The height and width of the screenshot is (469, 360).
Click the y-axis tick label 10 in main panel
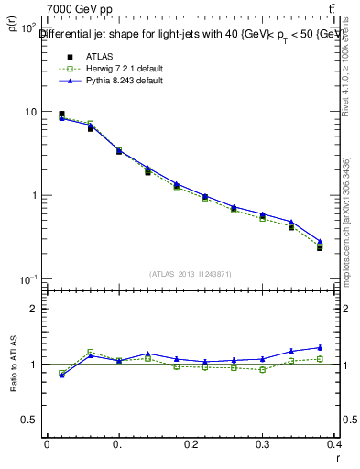tap(29, 112)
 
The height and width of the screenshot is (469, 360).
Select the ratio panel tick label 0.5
tap(29, 420)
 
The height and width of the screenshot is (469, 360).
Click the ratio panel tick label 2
tap(34, 309)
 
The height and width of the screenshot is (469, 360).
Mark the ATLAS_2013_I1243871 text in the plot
tap(191, 274)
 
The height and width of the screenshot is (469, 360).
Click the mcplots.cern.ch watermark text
tap(346, 220)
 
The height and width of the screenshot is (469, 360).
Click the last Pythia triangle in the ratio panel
tap(320, 347)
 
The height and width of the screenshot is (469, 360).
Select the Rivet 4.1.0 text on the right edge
tap(346, 69)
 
